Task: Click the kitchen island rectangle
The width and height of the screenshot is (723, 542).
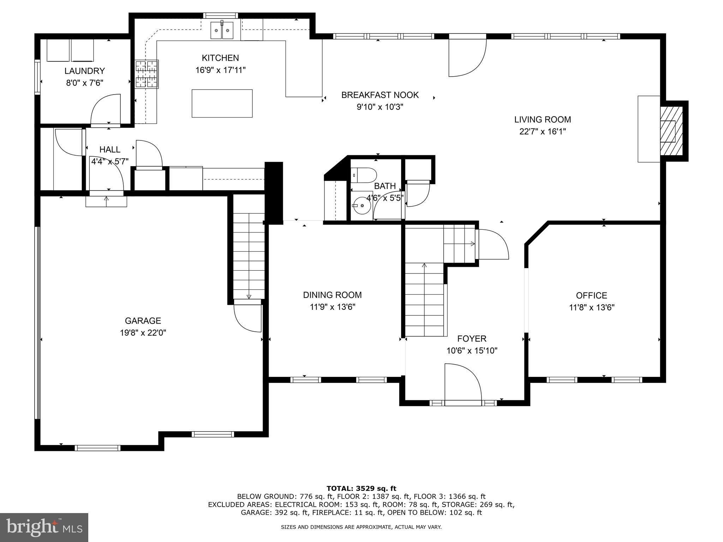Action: click(222, 103)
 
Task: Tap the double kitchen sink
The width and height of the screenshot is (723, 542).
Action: click(222, 31)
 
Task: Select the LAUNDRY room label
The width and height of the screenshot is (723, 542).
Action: click(84, 71)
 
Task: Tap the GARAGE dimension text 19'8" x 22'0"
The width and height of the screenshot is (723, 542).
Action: click(143, 333)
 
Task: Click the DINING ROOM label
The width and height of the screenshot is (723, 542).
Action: click(332, 295)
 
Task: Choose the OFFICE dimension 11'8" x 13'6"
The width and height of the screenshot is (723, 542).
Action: click(592, 307)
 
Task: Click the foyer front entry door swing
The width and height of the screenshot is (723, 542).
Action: click(463, 383)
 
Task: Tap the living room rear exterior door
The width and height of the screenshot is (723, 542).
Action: click(467, 56)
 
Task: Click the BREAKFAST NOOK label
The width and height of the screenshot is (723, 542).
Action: click(380, 95)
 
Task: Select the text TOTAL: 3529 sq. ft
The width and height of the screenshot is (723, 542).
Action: click(361, 489)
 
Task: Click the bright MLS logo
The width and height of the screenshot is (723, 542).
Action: click(44, 527)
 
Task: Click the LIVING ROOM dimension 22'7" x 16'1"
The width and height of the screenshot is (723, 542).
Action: click(542, 132)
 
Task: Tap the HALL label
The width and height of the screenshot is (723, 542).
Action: click(110, 150)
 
